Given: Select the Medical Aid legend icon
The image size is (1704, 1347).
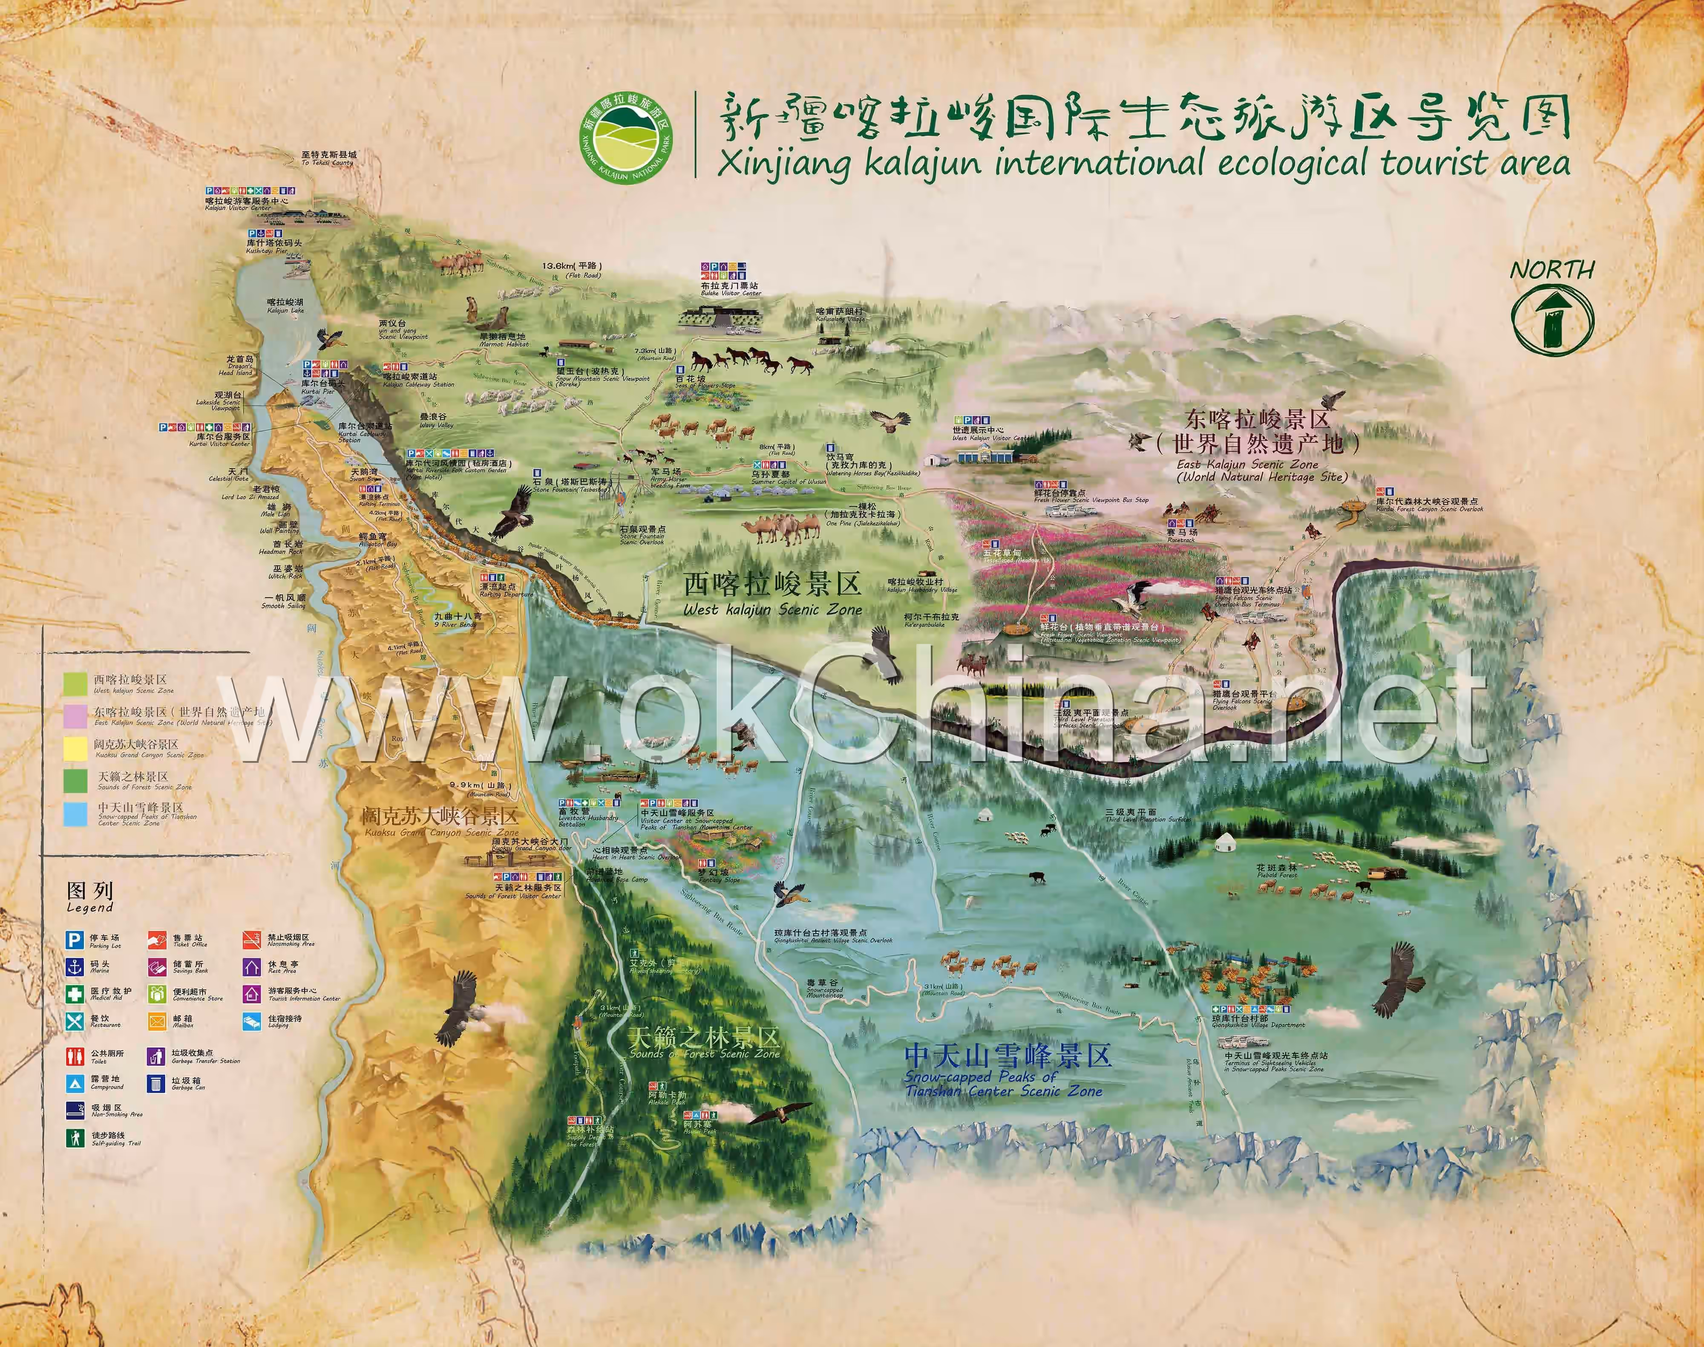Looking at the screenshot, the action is pos(75,994).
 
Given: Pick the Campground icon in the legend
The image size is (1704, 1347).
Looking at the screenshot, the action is pos(75,1083).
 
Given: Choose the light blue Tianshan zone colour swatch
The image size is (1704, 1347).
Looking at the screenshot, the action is pos(76,814).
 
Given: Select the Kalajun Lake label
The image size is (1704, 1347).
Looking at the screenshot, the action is pos(285,305).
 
